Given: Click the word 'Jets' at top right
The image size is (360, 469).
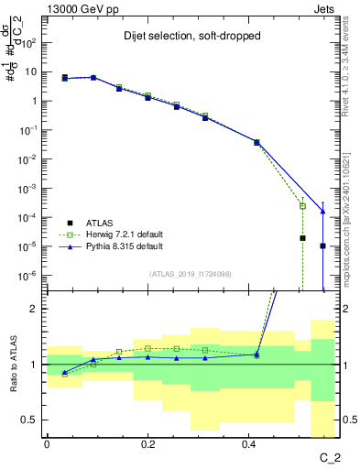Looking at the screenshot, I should tap(323, 8).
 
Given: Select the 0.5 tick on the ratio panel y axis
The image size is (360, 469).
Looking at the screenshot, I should tap(30, 420).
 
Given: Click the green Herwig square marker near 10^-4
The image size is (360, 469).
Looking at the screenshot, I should tap(302, 206).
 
